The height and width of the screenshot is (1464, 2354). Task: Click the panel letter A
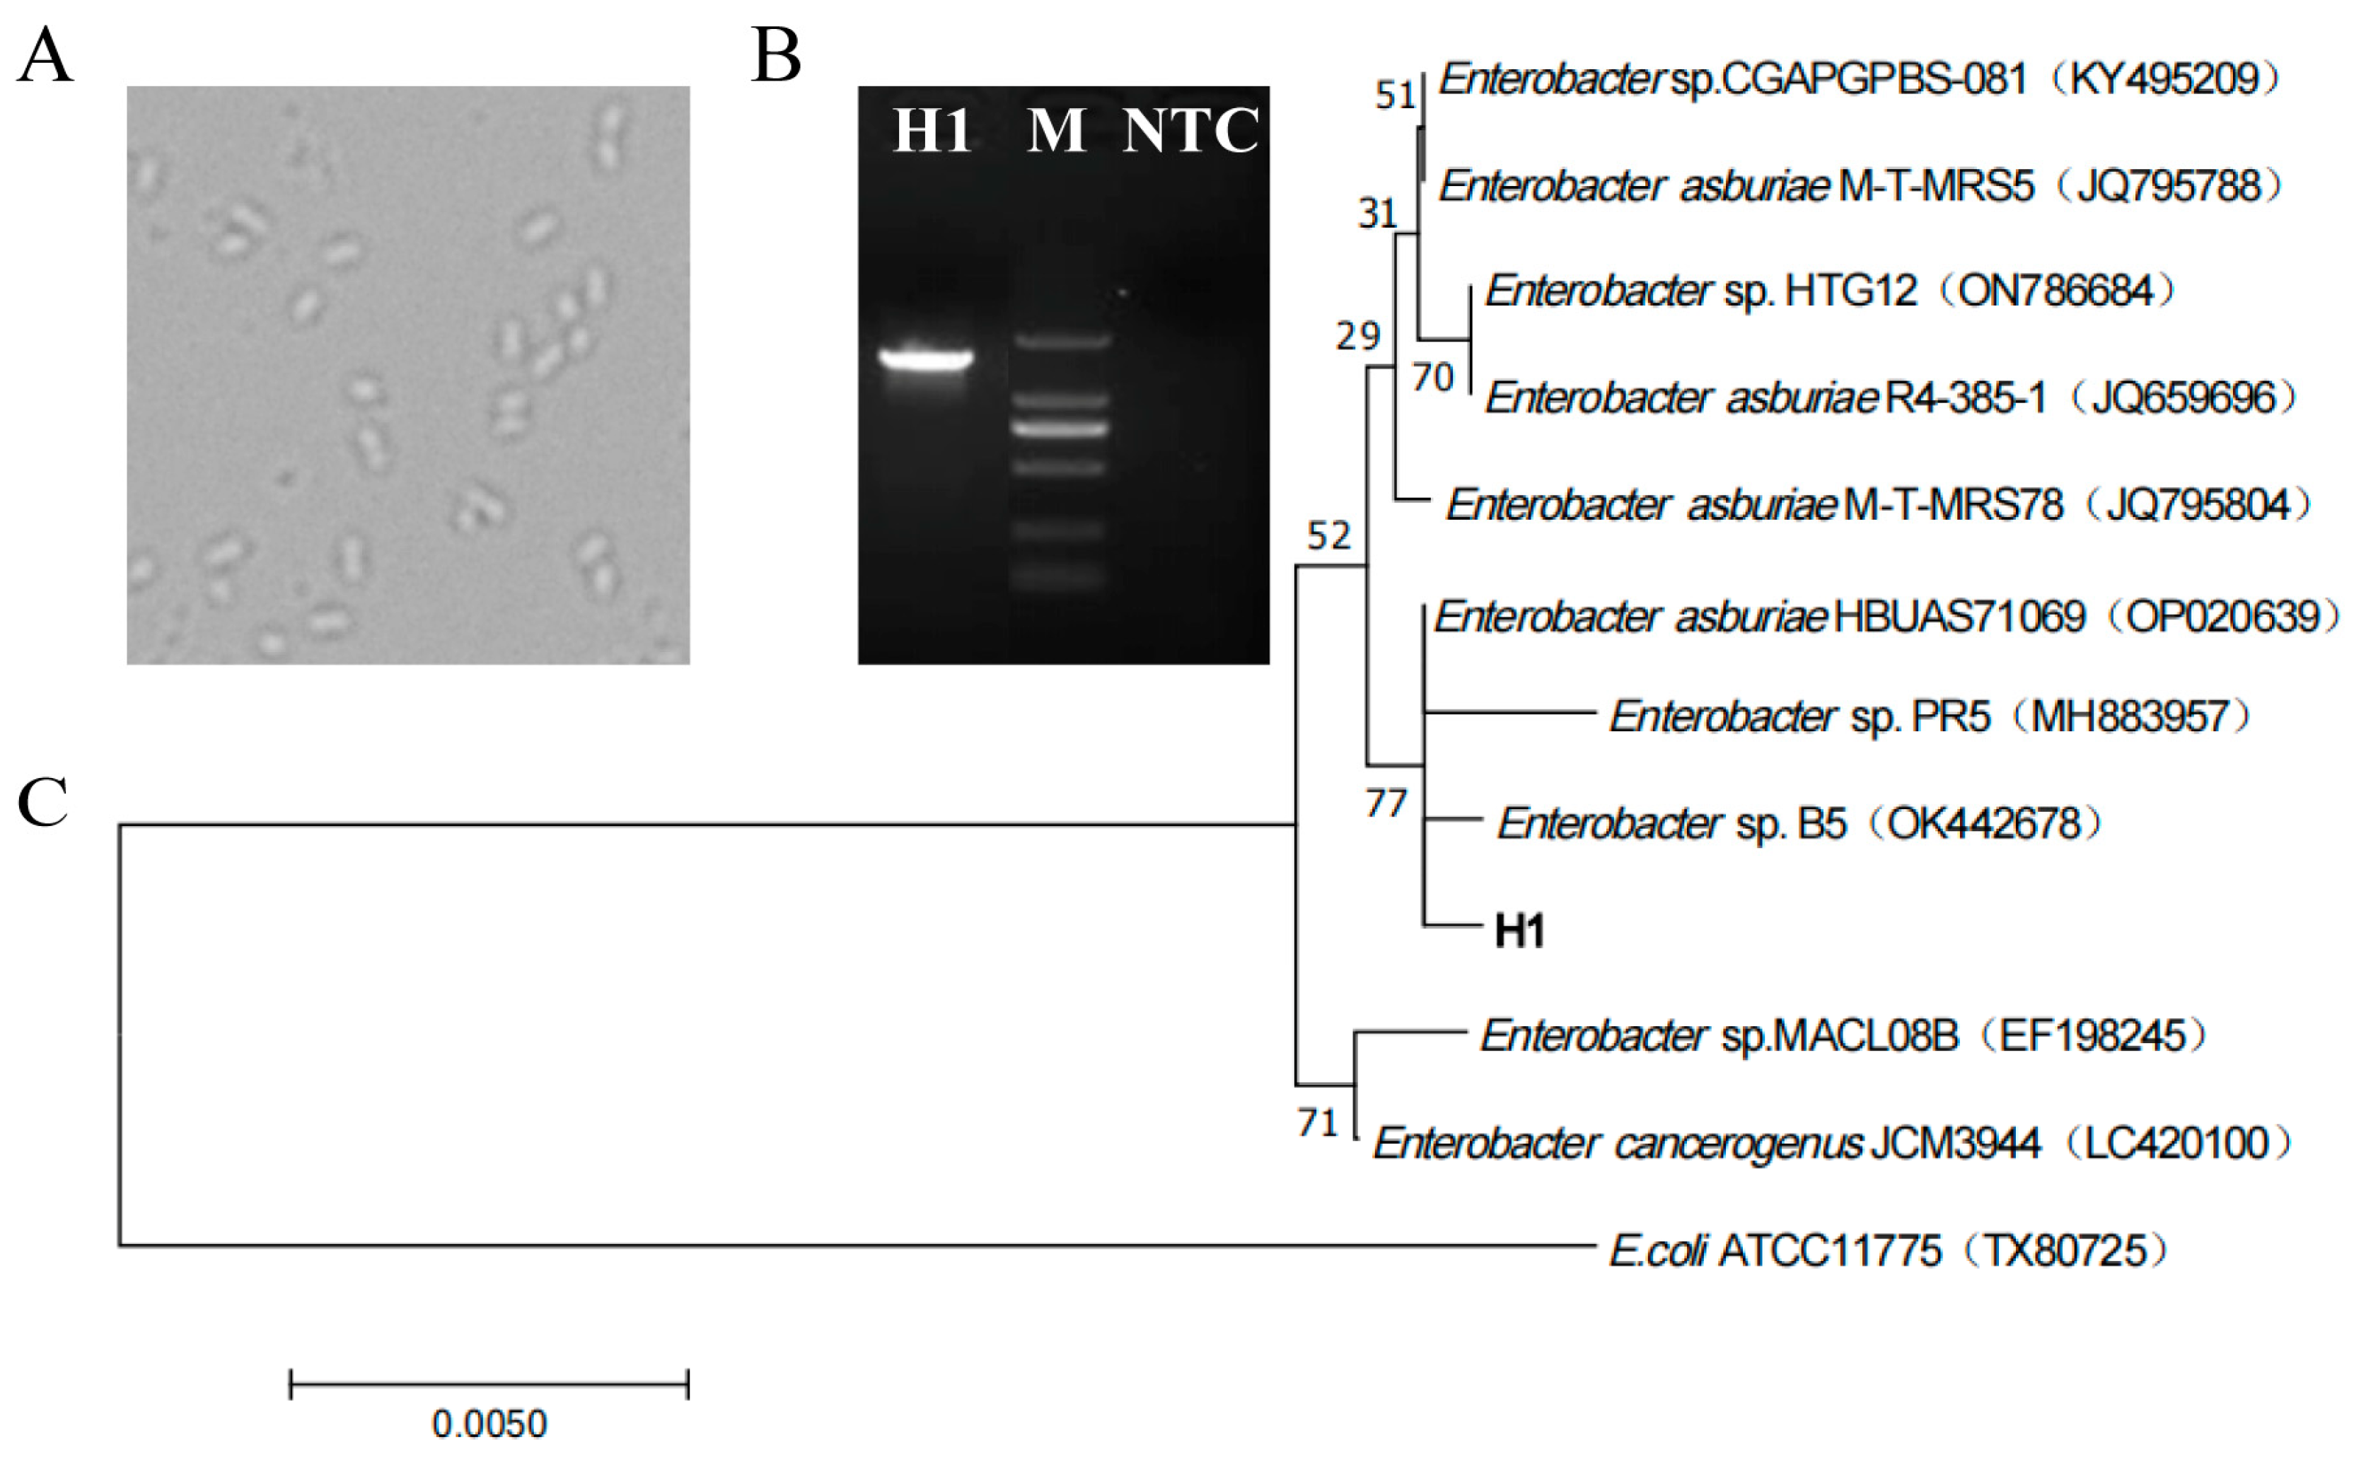(x=45, y=56)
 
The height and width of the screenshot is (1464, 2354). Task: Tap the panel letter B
(x=777, y=56)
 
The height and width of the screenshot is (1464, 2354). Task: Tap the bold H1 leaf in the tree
(x=1519, y=931)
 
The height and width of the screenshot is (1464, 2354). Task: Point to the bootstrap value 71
(x=1318, y=1123)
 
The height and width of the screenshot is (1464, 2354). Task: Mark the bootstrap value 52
(x=1328, y=535)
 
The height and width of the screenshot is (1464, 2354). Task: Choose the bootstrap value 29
(x=1357, y=336)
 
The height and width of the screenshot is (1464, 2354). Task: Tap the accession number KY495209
(x=2164, y=79)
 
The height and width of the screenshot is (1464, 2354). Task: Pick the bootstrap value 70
(x=1433, y=378)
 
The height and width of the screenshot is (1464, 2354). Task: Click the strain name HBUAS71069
(x=1959, y=617)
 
